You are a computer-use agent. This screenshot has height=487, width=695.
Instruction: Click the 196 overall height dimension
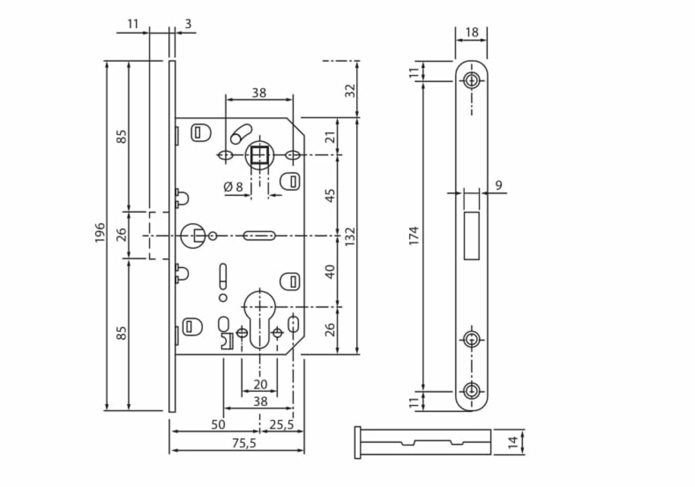tap(100, 232)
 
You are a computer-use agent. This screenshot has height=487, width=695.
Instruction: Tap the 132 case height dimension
tap(350, 237)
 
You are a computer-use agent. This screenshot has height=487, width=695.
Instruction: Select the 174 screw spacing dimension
tap(414, 236)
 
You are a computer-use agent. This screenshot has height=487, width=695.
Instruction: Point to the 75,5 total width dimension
tap(244, 444)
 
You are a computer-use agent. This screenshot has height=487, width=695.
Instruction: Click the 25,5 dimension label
tap(281, 424)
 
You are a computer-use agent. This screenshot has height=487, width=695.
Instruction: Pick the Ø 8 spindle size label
tap(233, 186)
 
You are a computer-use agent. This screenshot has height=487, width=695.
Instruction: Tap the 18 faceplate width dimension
tap(472, 32)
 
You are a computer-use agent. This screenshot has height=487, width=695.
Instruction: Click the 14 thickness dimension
tap(513, 442)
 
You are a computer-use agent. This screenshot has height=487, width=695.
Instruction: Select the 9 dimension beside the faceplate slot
tap(498, 185)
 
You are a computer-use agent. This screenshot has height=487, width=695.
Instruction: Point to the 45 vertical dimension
tap(331, 195)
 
